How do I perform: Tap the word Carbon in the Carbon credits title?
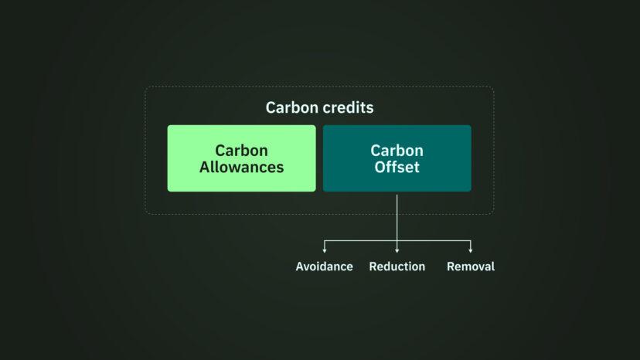point(292,107)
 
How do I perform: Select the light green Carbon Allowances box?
point(242,158)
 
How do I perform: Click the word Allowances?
point(242,167)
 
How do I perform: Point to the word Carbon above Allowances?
point(242,151)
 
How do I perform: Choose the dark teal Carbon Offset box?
point(397,158)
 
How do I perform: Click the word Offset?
point(397,167)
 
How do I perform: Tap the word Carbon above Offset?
point(397,151)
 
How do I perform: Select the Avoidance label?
point(325,267)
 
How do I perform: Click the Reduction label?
point(397,267)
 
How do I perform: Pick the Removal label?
point(471,267)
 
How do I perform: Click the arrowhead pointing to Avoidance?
point(325,250)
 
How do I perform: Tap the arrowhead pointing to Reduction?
point(397,250)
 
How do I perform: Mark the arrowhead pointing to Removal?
point(471,250)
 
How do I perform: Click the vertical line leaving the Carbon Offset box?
point(397,222)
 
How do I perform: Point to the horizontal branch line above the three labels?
point(397,241)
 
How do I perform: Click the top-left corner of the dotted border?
point(145,86)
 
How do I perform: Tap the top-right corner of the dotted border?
point(494,86)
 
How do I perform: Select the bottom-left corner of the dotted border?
point(145,214)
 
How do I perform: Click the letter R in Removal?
point(451,267)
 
